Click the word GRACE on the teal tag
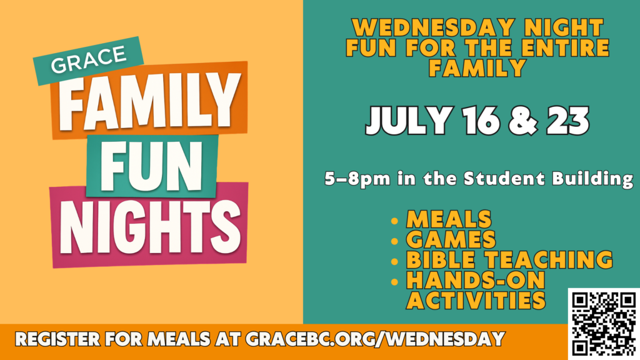[89, 59]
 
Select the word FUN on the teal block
[151, 166]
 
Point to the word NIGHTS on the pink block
[150, 226]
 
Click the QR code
[604, 324]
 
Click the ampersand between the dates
[523, 121]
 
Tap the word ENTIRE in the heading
[565, 47]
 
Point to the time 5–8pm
[357, 179]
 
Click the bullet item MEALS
[449, 219]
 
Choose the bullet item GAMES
[451, 239]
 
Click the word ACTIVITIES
[476, 301]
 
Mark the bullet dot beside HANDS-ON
[394, 282]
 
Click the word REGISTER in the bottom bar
[57, 339]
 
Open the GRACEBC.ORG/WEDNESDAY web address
[375, 339]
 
